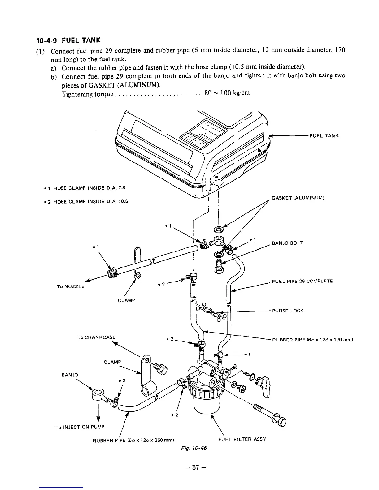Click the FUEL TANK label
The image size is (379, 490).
324,136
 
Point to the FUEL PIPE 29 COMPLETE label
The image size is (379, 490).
302,281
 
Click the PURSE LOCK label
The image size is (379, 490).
287,310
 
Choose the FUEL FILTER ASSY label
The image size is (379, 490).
242,439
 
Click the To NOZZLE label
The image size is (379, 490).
70,286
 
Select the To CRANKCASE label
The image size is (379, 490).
96,337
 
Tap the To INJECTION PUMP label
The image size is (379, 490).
80,427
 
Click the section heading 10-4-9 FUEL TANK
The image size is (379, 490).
69,40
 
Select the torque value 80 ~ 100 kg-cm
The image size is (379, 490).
227,93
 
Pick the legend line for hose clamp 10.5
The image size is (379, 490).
85,202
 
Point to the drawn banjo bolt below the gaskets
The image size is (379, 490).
218,266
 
